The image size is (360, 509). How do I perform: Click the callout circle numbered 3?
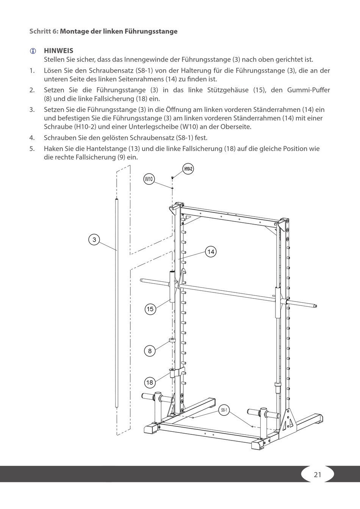(x=94, y=239)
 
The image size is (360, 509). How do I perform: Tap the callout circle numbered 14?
(x=211, y=251)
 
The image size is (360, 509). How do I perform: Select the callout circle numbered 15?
(x=150, y=309)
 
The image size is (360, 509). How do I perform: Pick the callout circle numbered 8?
(x=150, y=351)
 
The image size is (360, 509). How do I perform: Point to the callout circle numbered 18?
(x=150, y=382)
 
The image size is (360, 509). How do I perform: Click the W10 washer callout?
(x=149, y=179)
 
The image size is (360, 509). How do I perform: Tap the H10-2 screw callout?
(x=188, y=169)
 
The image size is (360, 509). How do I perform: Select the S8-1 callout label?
(x=224, y=410)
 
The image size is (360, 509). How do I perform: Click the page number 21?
(x=318, y=475)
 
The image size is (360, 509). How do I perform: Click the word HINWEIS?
(x=59, y=51)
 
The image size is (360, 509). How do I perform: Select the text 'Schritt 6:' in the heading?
(x=44, y=31)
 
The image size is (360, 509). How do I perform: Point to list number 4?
(x=32, y=138)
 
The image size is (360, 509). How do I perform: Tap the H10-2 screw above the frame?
(x=173, y=177)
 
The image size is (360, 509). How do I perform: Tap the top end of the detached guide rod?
(x=117, y=199)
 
